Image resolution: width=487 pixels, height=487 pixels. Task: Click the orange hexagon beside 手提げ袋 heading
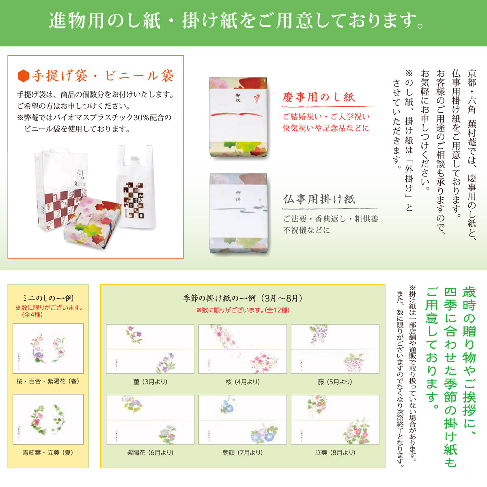point(24,76)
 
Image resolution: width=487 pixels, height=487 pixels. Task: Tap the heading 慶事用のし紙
point(319,97)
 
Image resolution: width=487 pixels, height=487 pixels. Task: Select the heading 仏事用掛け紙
point(319,199)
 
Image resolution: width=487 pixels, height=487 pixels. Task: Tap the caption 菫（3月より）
point(150,382)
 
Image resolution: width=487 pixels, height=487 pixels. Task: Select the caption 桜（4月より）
point(243,382)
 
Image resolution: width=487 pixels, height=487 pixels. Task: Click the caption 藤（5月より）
point(335,382)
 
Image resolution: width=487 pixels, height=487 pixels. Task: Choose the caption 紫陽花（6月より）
point(150,453)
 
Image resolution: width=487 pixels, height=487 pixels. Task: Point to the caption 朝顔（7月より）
point(243,453)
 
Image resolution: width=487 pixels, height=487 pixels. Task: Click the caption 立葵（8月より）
point(335,453)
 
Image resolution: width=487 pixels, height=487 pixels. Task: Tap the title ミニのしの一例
point(48,298)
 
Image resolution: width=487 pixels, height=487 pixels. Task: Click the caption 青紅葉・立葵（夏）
point(48,453)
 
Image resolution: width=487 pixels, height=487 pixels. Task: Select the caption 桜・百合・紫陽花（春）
point(48,381)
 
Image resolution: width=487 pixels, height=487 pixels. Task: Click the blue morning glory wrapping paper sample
point(243,420)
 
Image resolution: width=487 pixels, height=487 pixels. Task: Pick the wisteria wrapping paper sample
point(335,349)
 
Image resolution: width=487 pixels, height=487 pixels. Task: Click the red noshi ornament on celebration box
point(256,98)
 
